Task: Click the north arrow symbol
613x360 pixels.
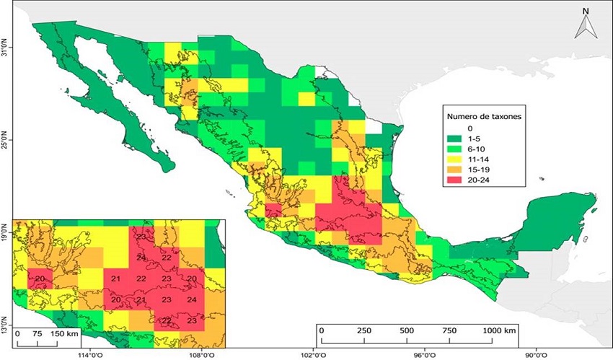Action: click(x=586, y=25)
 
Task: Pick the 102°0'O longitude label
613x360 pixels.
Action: click(x=313, y=354)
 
